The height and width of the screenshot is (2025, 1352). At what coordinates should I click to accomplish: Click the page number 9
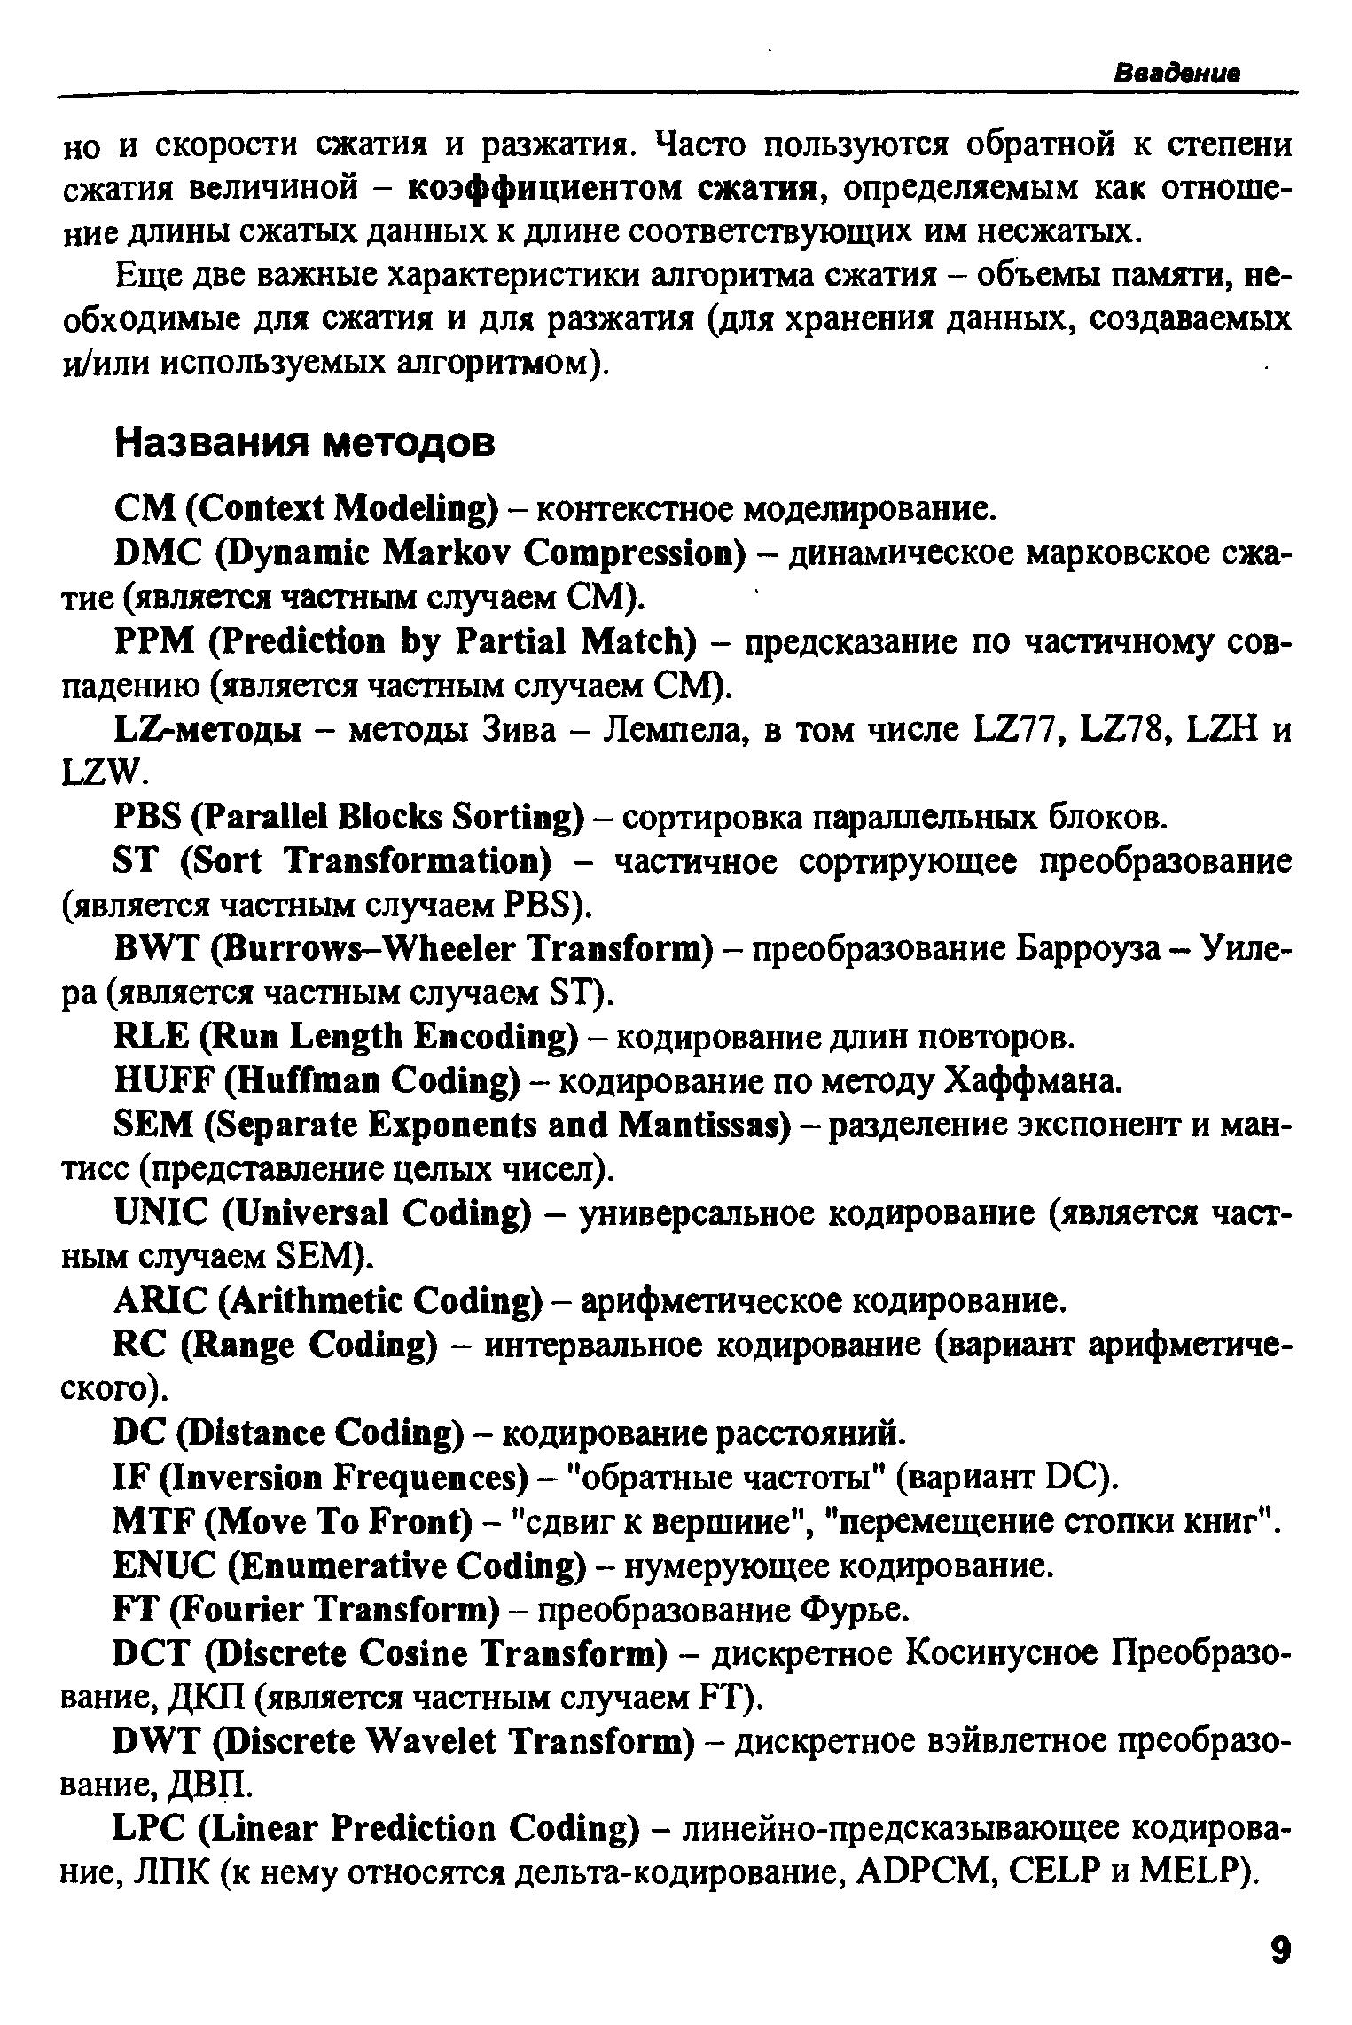point(1279,1952)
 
